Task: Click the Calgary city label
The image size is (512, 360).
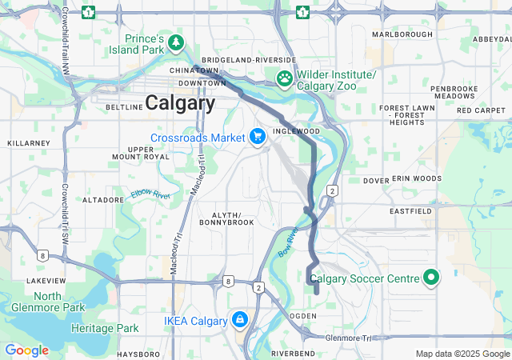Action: [180, 103]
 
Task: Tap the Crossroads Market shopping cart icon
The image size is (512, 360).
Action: [258, 138]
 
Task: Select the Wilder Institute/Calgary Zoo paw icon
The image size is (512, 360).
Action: [284, 78]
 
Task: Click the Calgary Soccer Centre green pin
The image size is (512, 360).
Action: [431, 278]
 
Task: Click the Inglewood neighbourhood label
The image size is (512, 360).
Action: [296, 130]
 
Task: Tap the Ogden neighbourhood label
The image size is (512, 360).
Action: [302, 316]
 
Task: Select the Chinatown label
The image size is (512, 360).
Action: [194, 70]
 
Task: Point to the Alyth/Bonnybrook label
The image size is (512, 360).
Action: [232, 221]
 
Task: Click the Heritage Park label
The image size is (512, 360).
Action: [105, 328]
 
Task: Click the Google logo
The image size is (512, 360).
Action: [26, 350]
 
